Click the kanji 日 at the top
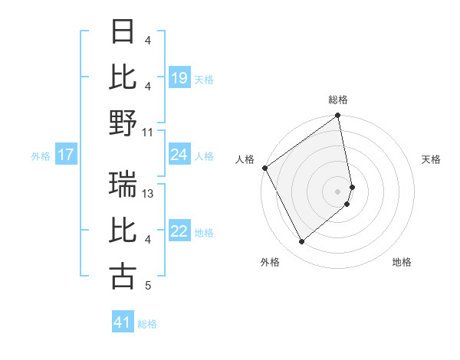point(123,31)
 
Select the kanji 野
point(123,123)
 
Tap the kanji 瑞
point(123,184)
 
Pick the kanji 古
point(123,276)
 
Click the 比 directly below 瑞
point(123,230)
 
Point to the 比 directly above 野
point(123,77)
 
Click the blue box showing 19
point(179,78)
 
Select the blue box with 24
point(179,155)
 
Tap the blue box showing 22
point(179,232)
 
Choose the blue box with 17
point(66,155)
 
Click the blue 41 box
point(123,322)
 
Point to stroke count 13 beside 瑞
point(149,194)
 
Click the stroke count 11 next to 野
point(149,132)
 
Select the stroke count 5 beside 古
point(147,286)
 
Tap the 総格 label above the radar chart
point(338,100)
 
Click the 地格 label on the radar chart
point(402,262)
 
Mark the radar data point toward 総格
point(338,116)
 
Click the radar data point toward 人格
point(265,168)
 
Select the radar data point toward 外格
point(302,242)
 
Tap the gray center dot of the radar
point(338,191)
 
